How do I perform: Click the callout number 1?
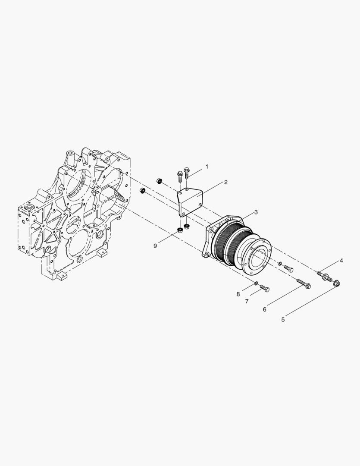[x=207, y=167]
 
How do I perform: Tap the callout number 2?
[x=226, y=182]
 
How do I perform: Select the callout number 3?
[x=256, y=212]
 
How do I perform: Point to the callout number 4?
[x=341, y=261]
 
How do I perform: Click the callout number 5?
[x=283, y=319]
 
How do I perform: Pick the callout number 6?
[x=265, y=309]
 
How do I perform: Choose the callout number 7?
[x=247, y=301]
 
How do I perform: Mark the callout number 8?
[x=238, y=294]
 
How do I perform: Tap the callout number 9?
[x=155, y=246]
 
